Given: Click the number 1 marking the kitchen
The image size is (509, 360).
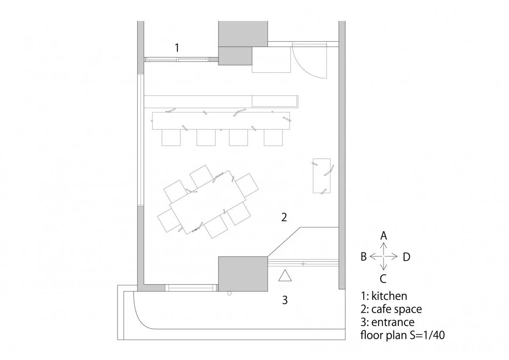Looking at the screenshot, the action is coord(177,48).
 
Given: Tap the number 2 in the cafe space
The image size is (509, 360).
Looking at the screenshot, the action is coord(284,217).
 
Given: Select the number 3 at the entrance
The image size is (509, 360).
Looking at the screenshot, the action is coord(285,300).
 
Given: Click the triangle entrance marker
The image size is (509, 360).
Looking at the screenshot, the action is coord(285,276).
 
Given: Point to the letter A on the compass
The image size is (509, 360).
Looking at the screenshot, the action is coord(383,236).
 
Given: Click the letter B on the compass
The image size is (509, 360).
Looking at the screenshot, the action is coord(364,257).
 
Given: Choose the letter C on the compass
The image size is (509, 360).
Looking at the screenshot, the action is coord(383,279).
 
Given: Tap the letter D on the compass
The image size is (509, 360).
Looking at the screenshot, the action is coord(406,257).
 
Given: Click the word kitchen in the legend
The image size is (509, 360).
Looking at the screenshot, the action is coord(389,296).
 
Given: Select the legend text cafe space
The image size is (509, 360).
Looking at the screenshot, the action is coord(397,309).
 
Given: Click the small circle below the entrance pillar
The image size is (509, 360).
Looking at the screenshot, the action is coord(229,293).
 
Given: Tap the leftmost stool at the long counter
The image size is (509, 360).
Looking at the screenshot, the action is coord(171,138).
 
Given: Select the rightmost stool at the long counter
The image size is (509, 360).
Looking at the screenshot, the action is coord(273,138).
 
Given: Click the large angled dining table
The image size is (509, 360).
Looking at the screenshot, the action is coord(208,202).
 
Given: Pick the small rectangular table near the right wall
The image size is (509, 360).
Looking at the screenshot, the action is coord(322,176).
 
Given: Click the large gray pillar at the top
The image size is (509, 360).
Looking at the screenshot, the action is coord(243,34).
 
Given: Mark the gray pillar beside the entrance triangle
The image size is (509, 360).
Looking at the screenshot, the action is coord(243,274).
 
